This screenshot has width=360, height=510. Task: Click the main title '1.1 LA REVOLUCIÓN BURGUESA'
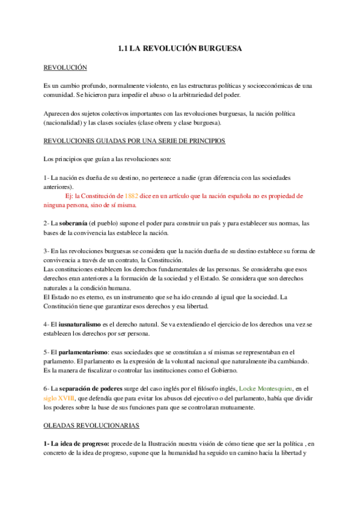click(180, 49)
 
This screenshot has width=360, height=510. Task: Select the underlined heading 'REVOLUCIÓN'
click(66, 69)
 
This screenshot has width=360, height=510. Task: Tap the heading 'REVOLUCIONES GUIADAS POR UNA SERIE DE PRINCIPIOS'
click(135, 141)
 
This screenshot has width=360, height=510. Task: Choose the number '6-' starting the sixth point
click(48, 389)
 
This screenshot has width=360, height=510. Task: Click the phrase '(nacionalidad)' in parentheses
click(65, 123)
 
